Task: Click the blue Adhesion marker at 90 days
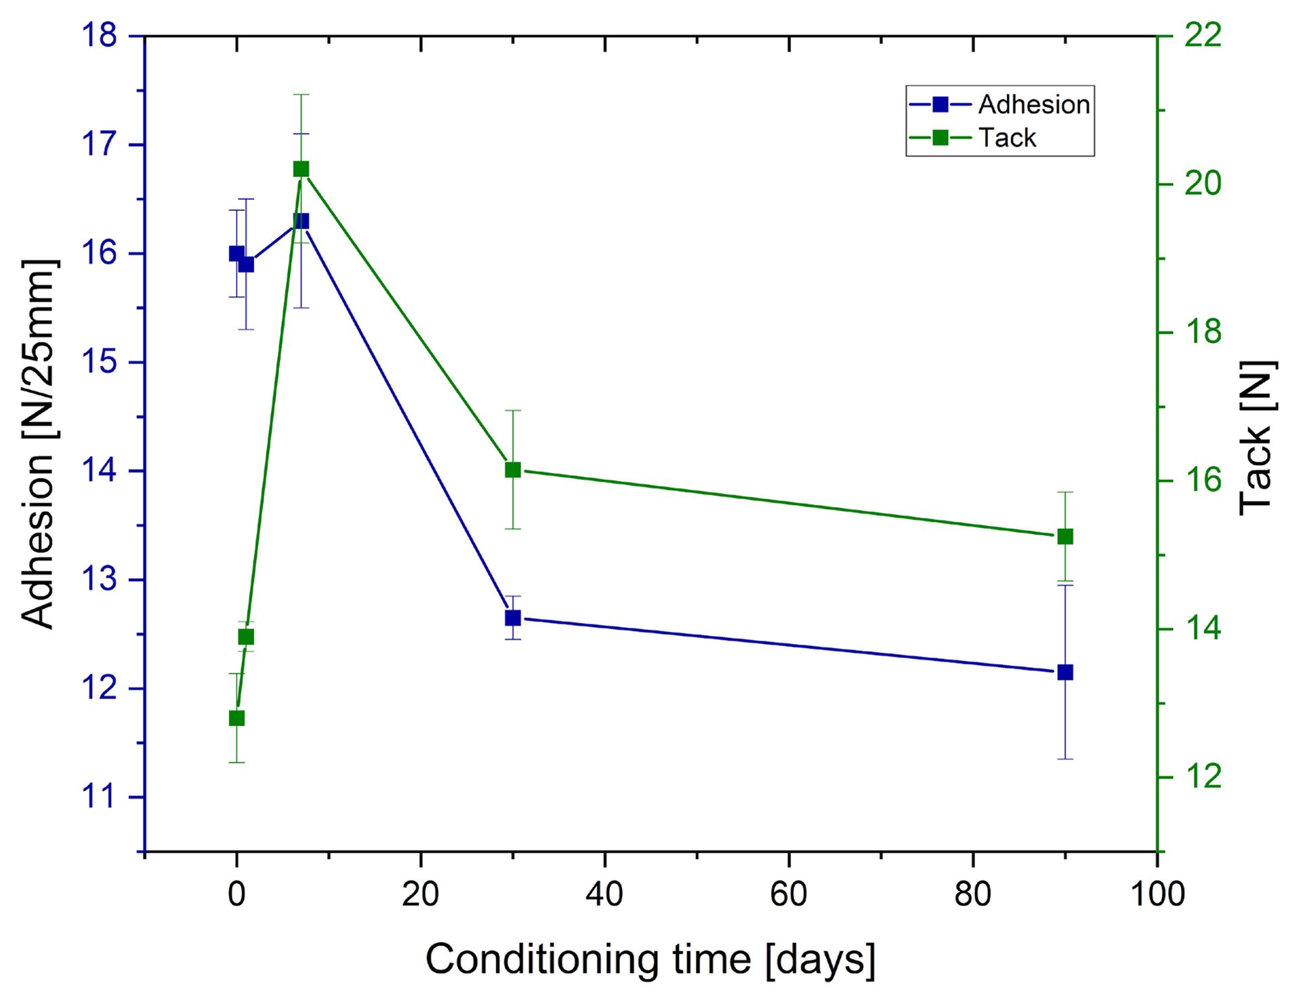[1065, 672]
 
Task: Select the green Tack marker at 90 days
[1065, 537]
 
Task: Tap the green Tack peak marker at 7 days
[301, 169]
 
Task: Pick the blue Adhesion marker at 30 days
[513, 618]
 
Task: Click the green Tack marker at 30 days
[513, 470]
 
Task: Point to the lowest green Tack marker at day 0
[236, 718]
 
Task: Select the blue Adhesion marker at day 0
[236, 254]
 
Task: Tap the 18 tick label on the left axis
[100, 35]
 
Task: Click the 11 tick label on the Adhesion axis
[100, 797]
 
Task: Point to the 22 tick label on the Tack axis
[1203, 35]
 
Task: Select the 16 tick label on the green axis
[1203, 480]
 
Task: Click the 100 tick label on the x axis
[1157, 894]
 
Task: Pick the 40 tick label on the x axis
[604, 894]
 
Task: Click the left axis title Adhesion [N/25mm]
[38, 443]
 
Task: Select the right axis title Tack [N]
[1258, 438]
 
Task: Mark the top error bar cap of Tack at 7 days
[301, 95]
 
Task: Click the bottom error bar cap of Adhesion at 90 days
[1065, 759]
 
